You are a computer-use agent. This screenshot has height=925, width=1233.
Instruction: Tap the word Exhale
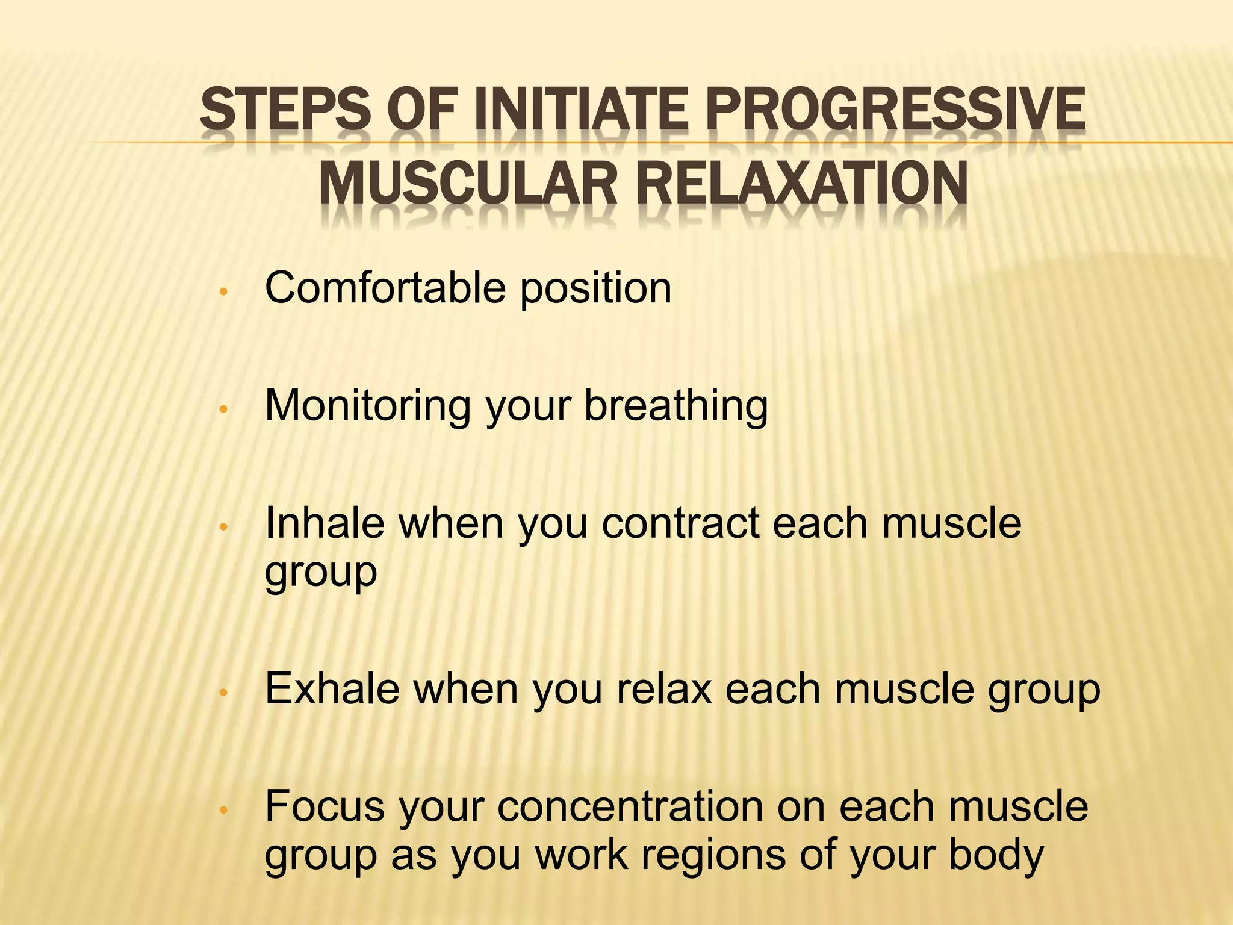(x=332, y=688)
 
